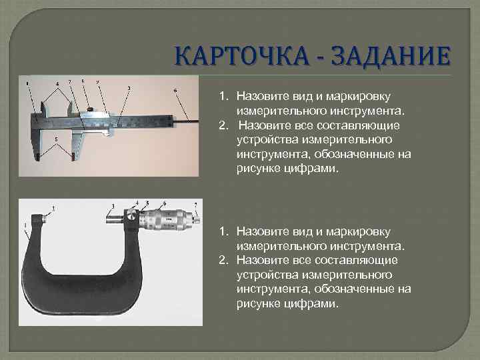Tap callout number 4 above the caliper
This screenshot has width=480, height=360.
57,84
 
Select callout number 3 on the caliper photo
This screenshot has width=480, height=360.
128,87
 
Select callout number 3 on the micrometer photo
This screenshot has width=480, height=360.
113,206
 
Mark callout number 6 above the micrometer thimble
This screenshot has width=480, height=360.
164,203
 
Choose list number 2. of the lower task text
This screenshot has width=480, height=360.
225,259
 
